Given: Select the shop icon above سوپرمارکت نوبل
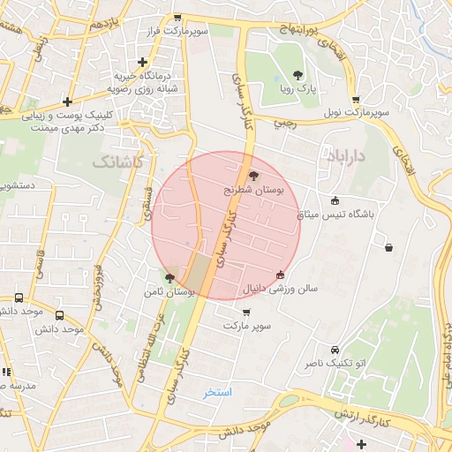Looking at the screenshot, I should coord(355,100).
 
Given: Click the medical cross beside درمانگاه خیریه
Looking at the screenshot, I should coord(143,61).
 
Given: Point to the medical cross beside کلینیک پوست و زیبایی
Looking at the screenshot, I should coord(67,102).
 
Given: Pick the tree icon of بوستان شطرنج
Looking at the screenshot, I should coord(254,176).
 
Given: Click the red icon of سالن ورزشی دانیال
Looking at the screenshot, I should coord(281,275).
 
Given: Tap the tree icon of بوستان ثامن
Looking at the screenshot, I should coord(169,277).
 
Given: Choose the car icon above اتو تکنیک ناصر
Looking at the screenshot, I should coord(334,350).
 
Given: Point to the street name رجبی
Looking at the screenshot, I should coord(284,124).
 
